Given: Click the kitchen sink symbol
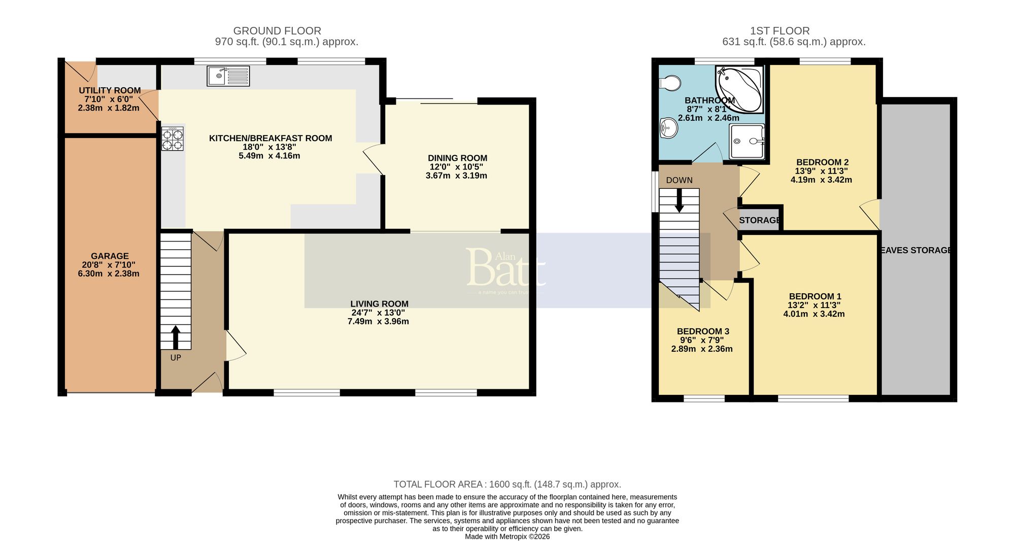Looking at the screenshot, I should coord(228,76).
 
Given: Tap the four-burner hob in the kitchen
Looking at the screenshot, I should coord(173,139).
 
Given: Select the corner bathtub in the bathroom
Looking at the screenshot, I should coord(740,89).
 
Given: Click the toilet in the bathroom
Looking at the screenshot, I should coord(669,83).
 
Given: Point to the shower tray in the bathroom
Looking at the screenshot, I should coord(747,142).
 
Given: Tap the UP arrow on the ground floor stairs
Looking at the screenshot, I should coord(176,336).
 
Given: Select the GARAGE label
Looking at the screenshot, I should coord(110,256).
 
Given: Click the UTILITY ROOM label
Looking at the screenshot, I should coord(110,91).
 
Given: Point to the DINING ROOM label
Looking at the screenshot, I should coord(457,158).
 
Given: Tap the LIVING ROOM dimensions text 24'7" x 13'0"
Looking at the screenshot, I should coord(378,313).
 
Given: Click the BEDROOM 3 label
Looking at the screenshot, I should coord(703,331).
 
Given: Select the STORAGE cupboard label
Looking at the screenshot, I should coord(759,220).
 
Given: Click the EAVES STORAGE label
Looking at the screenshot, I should coord(916,250).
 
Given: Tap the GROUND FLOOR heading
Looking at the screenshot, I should coord(277,31).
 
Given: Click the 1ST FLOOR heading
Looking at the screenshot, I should coord(780,31).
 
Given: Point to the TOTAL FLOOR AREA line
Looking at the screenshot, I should coord(507,484).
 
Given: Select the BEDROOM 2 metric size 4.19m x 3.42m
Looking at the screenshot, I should coord(821,180).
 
